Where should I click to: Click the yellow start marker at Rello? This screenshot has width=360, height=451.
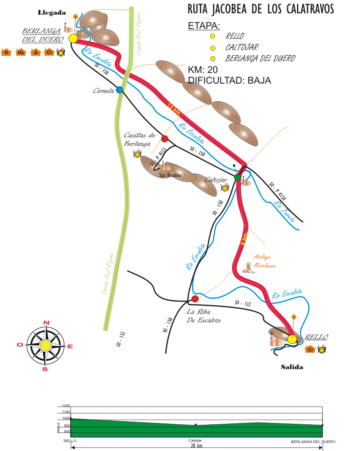tap(292, 339)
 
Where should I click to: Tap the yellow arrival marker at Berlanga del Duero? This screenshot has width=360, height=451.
tap(73, 39)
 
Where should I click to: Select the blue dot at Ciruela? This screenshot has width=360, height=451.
tap(119, 90)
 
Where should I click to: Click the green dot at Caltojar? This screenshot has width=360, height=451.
tap(237, 177)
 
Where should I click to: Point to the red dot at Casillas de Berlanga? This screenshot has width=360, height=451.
tap(164, 139)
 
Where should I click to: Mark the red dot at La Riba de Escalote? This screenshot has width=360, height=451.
tap(195, 299)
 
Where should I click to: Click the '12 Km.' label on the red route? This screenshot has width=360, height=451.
tap(174, 108)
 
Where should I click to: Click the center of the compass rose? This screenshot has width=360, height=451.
tap(45, 345)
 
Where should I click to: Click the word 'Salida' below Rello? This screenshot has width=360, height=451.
tap(292, 367)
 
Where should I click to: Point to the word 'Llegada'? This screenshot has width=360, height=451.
tap(52, 12)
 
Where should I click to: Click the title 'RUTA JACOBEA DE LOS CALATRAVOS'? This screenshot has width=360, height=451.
tap(260, 9)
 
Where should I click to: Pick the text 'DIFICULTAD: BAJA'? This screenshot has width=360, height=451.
tap(229, 81)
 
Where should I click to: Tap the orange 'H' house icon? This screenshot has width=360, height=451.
tap(6, 52)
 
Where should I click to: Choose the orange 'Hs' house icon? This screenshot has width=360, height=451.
tap(20, 52)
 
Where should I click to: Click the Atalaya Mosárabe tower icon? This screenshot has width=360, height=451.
tap(248, 268)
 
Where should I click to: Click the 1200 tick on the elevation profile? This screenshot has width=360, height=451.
tap(66, 406)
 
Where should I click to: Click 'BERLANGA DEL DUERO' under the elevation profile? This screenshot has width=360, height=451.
tap(313, 442)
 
